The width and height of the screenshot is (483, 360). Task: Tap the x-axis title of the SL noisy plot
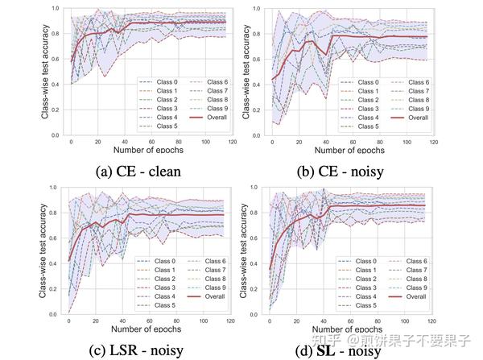coord(357,330)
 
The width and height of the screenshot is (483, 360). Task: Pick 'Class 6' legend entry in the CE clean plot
coord(211,82)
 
